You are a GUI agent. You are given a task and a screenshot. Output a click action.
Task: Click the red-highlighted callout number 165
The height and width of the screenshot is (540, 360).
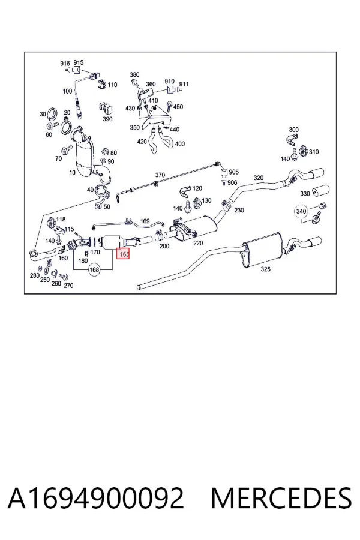coord(124,254)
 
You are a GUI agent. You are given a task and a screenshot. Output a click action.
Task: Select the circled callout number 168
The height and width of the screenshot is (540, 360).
coord(94,269)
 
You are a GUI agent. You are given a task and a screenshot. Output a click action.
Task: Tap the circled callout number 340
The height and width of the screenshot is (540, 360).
coord(301,211)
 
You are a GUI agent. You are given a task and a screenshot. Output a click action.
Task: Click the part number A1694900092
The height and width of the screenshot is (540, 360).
coord(96,498)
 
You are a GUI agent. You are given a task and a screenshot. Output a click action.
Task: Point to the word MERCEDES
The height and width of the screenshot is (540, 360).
coord(281,498)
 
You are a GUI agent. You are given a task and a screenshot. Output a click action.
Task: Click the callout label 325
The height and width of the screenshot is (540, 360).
coord(265,269)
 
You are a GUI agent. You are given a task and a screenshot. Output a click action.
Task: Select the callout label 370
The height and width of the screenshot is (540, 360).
coord(160,175)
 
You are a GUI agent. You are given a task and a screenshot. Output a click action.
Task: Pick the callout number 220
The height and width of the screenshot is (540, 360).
coord(198,243)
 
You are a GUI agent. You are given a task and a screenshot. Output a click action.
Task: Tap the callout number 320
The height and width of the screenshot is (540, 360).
coord(259,178)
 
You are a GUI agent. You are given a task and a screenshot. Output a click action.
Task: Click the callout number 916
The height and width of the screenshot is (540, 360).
coord(65,64)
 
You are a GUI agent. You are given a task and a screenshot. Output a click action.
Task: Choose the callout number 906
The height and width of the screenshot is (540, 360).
coord(232,182)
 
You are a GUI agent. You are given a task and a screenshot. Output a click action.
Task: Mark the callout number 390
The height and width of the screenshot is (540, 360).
coord(107,119)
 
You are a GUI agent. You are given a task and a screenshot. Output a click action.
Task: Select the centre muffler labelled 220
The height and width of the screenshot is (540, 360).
coord(193,227)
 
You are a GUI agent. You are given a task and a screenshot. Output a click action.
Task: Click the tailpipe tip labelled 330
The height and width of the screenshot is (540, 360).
coord(320,191)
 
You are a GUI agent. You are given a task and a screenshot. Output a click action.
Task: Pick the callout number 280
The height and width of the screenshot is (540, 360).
coord(34,275)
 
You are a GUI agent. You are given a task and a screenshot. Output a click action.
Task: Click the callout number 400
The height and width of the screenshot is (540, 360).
coord(180,144)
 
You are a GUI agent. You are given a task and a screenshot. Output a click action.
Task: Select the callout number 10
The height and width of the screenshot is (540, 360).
coord(72,172)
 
